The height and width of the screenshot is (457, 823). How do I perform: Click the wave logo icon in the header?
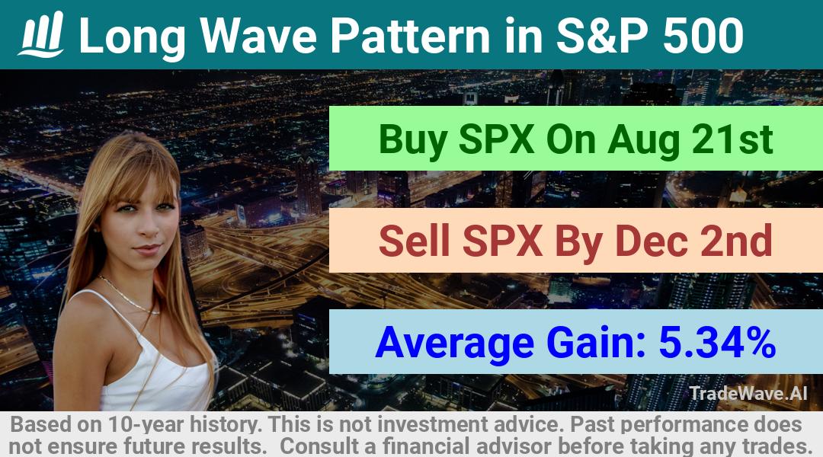pos(41,34)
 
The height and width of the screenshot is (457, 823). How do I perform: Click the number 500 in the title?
pos(703,36)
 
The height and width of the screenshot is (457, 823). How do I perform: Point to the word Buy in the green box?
pos(412,139)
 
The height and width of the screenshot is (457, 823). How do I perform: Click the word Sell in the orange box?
pos(414,241)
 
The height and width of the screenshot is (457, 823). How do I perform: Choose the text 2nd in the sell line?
pos(736,241)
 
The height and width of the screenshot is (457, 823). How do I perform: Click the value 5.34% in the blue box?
pos(717,342)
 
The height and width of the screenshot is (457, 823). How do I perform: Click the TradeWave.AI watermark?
pos(748,393)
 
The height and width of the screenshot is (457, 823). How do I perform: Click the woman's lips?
pos(148,249)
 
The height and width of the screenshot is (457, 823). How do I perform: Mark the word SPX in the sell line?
pos(502,241)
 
